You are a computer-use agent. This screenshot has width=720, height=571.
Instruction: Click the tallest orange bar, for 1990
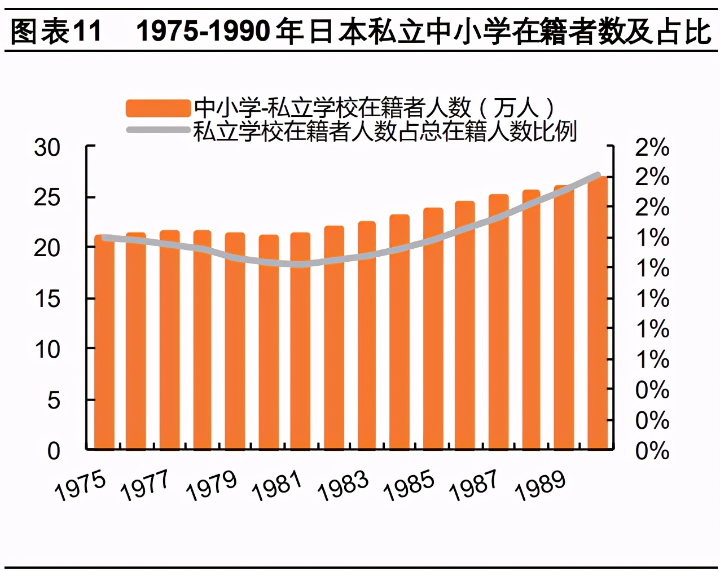click(x=597, y=313)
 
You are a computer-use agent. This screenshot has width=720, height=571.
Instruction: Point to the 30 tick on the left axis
click(x=47, y=148)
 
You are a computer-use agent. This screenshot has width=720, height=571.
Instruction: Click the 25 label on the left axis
click(x=47, y=197)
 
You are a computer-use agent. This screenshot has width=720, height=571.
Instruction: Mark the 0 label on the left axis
click(x=54, y=451)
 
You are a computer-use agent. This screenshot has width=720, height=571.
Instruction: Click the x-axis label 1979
click(x=212, y=486)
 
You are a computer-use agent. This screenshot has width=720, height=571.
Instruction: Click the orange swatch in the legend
click(x=158, y=108)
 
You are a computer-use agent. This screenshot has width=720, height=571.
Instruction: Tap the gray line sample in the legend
click(x=158, y=130)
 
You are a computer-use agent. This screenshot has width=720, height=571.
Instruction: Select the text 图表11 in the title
click(x=56, y=31)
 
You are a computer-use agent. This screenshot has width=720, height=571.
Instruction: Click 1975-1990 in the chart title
click(x=203, y=31)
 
